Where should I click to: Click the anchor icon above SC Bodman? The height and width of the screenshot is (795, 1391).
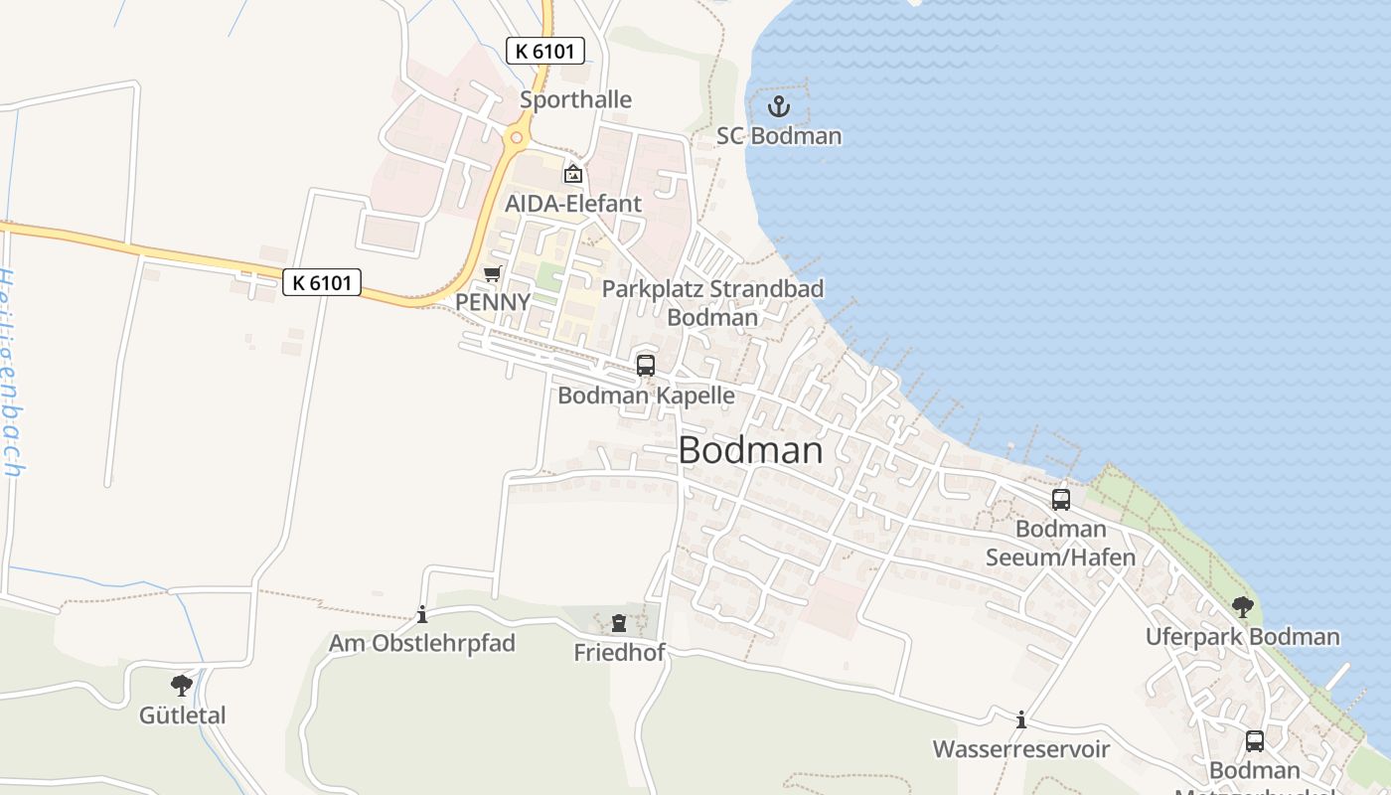(x=779, y=106)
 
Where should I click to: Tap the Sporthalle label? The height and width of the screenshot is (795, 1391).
(x=575, y=99)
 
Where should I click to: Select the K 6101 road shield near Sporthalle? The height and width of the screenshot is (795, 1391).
(x=545, y=51)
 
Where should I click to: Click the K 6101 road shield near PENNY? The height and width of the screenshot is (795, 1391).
(x=322, y=282)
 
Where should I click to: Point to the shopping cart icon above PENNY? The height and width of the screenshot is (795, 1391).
(x=492, y=273)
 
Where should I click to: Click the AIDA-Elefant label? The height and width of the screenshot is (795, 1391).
(x=573, y=204)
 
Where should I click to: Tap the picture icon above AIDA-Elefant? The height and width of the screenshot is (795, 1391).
(x=573, y=175)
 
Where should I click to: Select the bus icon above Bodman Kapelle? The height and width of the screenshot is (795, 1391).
(x=646, y=366)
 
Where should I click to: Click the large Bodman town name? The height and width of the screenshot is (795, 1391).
(x=750, y=450)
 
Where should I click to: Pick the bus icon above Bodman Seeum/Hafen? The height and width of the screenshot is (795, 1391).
(x=1061, y=500)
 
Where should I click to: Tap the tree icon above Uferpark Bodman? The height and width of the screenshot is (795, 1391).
(x=1242, y=606)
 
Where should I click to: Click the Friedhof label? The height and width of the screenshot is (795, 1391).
(x=619, y=652)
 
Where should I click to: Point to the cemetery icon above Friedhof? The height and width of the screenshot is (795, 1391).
(x=619, y=623)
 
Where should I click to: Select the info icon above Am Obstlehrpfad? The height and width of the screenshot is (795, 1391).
(x=422, y=614)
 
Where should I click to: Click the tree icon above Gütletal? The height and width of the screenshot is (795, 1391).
(x=182, y=685)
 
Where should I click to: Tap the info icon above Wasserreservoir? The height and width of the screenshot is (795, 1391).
(x=1020, y=719)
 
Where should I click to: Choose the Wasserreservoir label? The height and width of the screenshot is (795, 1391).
(x=1020, y=748)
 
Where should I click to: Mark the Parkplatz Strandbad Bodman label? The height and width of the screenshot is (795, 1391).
(x=713, y=303)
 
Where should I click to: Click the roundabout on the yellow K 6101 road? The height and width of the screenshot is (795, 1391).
(x=514, y=138)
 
